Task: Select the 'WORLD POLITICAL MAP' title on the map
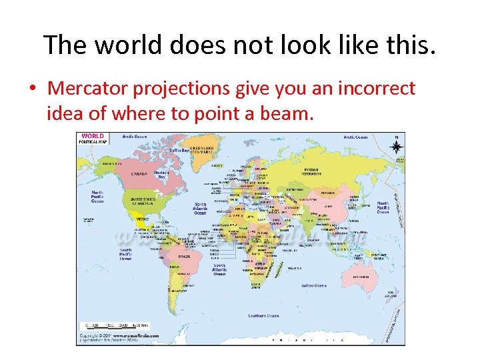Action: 93,139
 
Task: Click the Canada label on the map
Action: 139,174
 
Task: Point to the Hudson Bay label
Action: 161,175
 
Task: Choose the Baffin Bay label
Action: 179,151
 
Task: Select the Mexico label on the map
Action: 142,219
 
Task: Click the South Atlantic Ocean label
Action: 220,269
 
